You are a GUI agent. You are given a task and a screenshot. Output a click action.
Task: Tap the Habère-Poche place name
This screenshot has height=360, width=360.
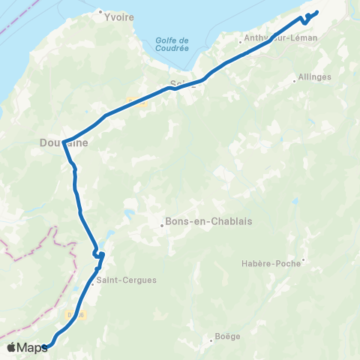tap(271, 263)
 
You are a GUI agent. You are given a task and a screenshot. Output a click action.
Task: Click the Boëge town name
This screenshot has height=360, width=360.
tap(227, 336)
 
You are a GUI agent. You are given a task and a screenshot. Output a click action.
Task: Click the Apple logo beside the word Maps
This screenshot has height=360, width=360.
tap(11, 346)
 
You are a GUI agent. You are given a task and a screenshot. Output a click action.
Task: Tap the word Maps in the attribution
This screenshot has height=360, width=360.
tap(33, 346)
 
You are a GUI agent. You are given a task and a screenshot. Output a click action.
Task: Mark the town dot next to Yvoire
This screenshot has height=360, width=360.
tap(100, 11)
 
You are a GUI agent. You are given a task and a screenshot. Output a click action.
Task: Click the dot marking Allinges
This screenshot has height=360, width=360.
tap(295, 76)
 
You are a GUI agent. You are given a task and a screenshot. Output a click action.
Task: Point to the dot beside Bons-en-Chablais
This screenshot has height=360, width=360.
tap(161, 222)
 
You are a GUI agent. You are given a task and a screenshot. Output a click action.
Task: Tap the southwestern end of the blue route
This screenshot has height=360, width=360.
tap(45, 346)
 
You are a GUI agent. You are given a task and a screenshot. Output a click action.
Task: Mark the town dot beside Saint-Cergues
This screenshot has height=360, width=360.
tap(91, 283)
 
